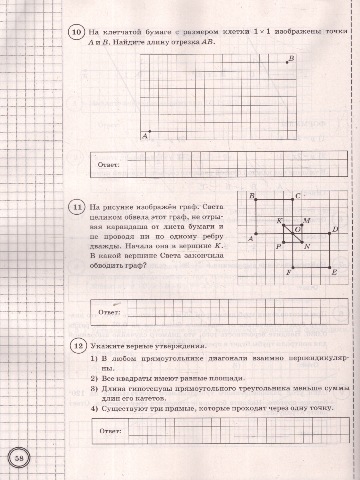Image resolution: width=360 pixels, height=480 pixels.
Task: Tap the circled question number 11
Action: coord(76,207)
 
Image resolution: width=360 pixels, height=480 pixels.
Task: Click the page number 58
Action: coord(19,458)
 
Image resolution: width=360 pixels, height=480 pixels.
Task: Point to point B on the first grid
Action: coord(287,62)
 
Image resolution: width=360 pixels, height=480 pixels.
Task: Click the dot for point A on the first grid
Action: coord(150,131)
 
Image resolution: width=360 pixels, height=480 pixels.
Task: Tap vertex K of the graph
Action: coord(284,225)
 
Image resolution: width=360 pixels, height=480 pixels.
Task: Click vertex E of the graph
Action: coord(329,267)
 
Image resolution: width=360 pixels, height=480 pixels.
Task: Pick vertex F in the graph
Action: coord(293,267)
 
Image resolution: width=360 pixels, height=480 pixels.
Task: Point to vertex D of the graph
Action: coord(329,233)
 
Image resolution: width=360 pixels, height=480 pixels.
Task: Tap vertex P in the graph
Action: coord(284,242)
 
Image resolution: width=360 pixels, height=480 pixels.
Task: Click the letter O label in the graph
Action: coord(297,229)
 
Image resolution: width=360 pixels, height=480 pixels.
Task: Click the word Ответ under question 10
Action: coord(109,164)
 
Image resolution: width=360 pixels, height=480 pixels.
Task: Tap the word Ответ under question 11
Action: coord(109,312)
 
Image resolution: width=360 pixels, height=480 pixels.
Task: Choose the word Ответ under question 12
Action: coord(110,431)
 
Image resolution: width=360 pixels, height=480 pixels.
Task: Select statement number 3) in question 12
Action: coord(94,388)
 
